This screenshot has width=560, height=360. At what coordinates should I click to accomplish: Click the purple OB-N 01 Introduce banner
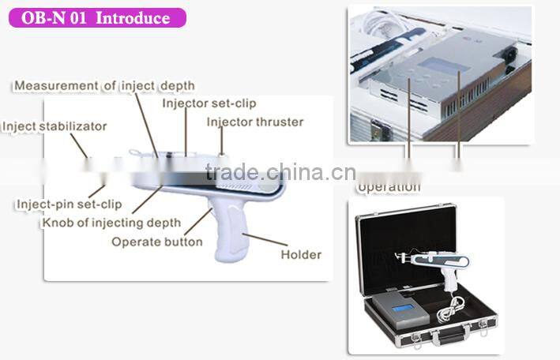97,17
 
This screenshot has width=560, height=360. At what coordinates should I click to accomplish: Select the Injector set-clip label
209,103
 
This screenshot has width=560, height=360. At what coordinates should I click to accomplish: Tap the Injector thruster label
254,122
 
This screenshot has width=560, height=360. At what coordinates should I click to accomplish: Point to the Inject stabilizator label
54,126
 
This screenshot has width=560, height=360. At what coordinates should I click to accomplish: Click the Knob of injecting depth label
111,223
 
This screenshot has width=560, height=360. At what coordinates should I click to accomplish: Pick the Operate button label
157,242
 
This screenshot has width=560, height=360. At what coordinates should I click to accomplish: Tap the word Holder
301,254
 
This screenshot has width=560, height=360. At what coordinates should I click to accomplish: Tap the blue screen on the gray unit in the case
403,307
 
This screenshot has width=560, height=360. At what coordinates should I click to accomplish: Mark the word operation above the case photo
388,187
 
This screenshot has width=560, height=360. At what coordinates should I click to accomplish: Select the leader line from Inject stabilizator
80,144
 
